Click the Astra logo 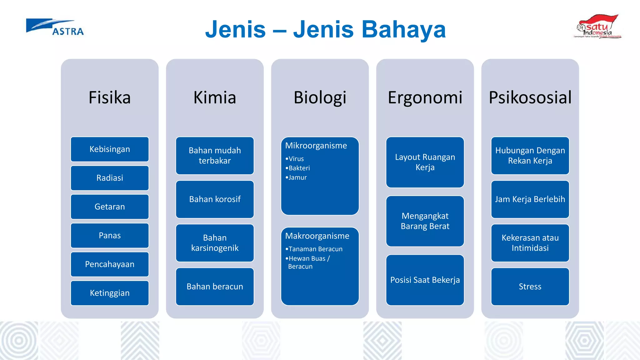tap(55, 27)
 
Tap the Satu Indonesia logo tap(597, 27)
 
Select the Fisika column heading tap(110, 97)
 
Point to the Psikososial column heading tap(530, 97)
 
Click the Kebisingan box tap(110, 149)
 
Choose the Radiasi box tap(110, 178)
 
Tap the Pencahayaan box tap(110, 264)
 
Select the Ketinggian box tap(110, 293)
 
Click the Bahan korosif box tap(215, 199)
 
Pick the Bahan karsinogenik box tap(215, 243)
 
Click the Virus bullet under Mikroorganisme tap(296, 159)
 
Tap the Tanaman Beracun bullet tap(315, 249)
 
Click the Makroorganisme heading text tap(317, 236)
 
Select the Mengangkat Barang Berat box tap(425, 221)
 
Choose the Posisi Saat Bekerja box tap(425, 280)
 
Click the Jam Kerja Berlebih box tap(530, 199)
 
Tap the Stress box tap(530, 287)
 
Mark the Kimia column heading tap(215, 97)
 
